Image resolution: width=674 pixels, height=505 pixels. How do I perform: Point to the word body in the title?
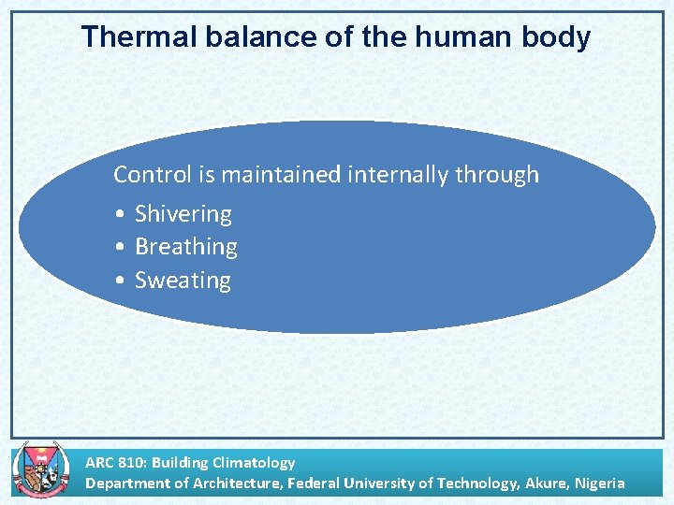pos(558,37)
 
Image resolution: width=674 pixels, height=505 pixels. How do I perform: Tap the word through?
pos(497,175)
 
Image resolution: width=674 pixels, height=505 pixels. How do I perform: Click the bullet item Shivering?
pos(183,214)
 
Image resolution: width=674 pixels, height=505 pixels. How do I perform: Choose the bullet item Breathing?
pos(185,247)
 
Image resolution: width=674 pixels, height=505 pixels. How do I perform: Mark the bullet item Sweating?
pos(183,281)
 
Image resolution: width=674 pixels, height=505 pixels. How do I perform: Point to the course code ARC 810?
pos(114,462)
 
